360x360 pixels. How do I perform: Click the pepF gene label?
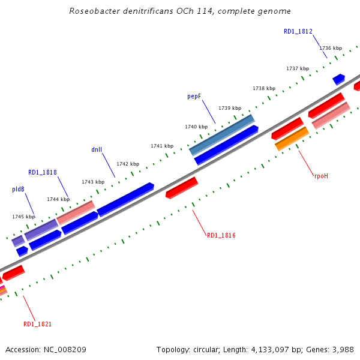(x=193, y=96)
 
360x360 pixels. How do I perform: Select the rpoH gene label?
(x=321, y=176)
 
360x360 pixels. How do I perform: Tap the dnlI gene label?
(x=97, y=149)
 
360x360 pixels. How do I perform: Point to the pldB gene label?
(x=18, y=189)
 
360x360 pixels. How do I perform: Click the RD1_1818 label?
(x=43, y=172)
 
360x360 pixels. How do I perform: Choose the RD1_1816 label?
(x=221, y=235)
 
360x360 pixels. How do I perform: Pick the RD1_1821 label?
(x=37, y=324)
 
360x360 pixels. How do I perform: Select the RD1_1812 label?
(x=298, y=31)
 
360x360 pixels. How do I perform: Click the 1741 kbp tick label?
(x=162, y=146)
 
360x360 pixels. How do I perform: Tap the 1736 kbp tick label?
(x=331, y=48)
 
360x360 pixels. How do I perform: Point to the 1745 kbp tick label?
(x=23, y=217)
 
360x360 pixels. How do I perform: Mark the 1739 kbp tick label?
(x=230, y=108)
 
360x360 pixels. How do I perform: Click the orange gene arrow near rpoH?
(x=292, y=139)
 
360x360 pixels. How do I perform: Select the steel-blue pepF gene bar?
(x=222, y=134)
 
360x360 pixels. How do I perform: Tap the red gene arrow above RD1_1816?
(x=182, y=187)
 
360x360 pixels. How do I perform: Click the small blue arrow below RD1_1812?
(x=338, y=79)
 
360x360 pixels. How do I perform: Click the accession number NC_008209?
(x=64, y=349)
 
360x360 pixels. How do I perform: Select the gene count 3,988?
(x=342, y=349)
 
